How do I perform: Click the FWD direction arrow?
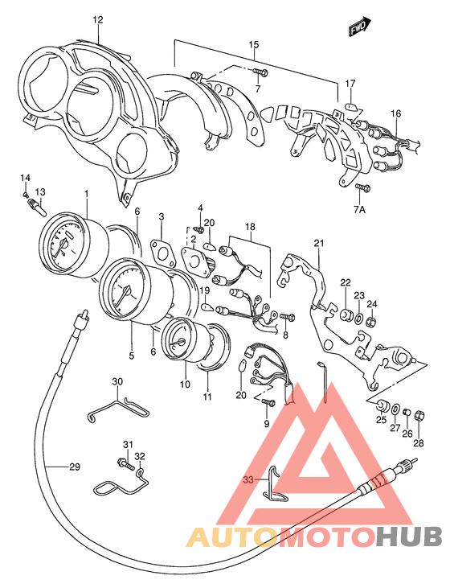(360, 27)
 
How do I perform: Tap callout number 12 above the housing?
(98, 19)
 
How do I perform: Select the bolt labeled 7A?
(363, 187)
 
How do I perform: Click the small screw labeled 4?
(199, 228)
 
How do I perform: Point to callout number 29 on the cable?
(75, 467)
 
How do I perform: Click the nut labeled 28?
(419, 415)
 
